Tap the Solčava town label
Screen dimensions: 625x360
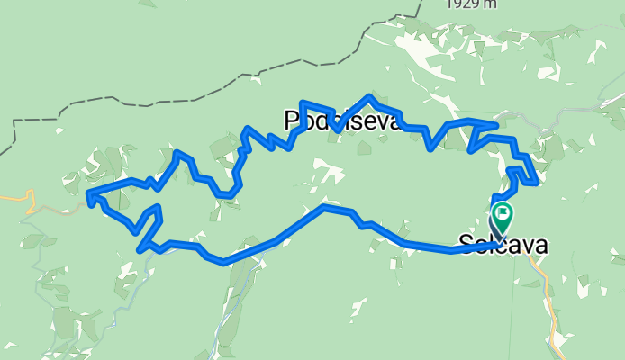click(x=503, y=243)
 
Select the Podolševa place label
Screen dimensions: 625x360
click(x=340, y=121)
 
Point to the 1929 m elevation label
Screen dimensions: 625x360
click(x=472, y=4)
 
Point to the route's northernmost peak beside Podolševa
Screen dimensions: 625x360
click(x=369, y=95)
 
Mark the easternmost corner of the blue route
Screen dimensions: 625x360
click(x=537, y=184)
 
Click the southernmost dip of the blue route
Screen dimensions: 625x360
click(x=223, y=263)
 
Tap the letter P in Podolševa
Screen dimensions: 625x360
click(x=292, y=121)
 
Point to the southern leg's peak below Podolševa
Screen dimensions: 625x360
click(x=325, y=208)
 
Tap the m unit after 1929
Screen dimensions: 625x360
click(x=490, y=4)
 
